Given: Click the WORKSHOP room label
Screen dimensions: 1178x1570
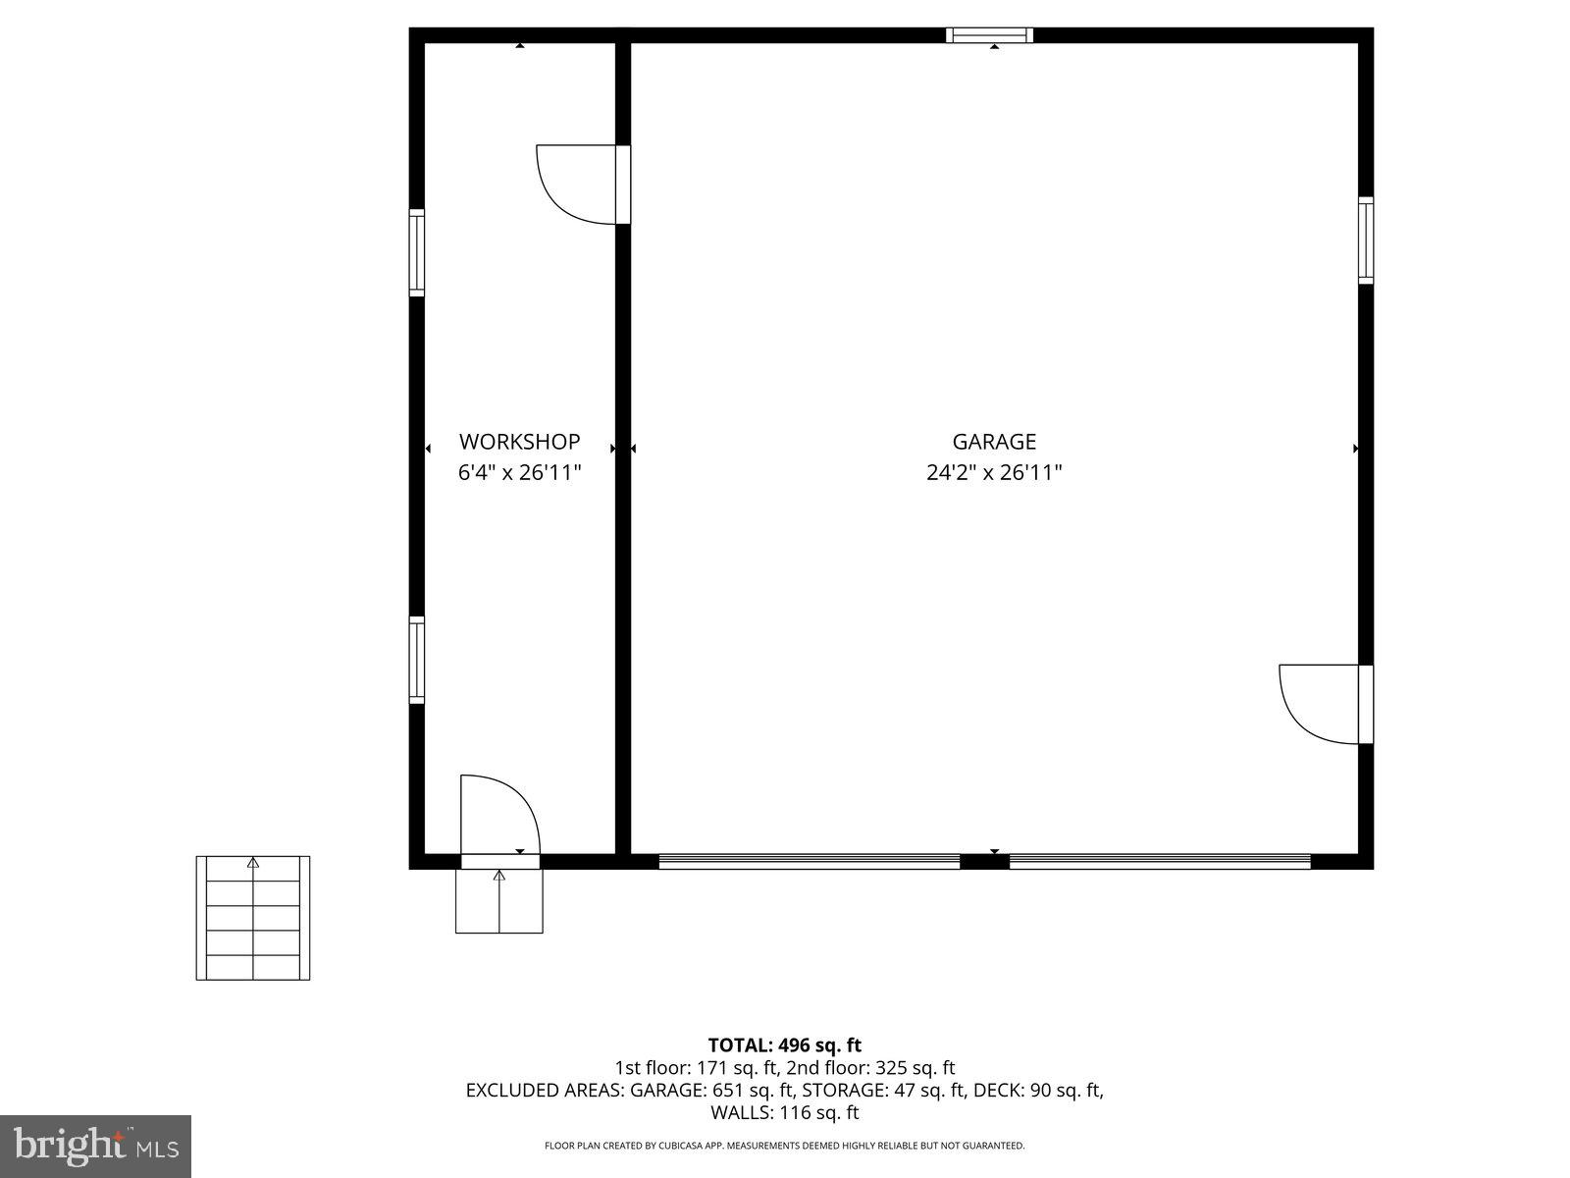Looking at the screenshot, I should pos(519,442).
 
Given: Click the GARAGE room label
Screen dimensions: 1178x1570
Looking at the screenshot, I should pos(994,442).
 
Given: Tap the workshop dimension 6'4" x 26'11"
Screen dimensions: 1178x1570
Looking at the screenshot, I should pos(519,473).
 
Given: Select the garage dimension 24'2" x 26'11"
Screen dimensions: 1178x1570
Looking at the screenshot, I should pos(994,473).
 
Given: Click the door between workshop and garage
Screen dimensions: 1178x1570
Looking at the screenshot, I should pos(622,184).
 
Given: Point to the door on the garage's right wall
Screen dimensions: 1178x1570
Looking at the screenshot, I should pos(1364,704).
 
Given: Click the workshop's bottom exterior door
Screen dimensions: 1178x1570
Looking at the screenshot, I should pos(499,861).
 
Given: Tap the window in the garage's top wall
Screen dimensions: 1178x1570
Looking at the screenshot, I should pos(989,36).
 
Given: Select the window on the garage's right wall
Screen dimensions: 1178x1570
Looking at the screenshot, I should pos(1365,240).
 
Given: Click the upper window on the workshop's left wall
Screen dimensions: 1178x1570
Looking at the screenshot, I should pos(417,252).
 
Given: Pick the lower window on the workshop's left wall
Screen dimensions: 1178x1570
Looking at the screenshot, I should pos(417,660).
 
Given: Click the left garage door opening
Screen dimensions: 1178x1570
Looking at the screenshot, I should pos(809,861).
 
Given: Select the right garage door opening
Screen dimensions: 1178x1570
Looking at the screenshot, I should pos(1160,861).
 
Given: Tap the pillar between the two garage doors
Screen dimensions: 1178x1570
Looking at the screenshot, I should pos(984,862).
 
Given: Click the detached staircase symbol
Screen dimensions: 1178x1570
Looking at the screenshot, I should pos(253,918).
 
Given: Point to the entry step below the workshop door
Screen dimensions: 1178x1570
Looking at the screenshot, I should pos(498,901).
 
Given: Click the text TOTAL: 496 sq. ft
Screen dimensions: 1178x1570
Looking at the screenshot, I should pos(784,1045).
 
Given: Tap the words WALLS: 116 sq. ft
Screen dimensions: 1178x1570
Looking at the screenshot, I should pos(784,1112).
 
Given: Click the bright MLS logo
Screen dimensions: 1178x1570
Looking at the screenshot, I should pos(95,1146).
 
